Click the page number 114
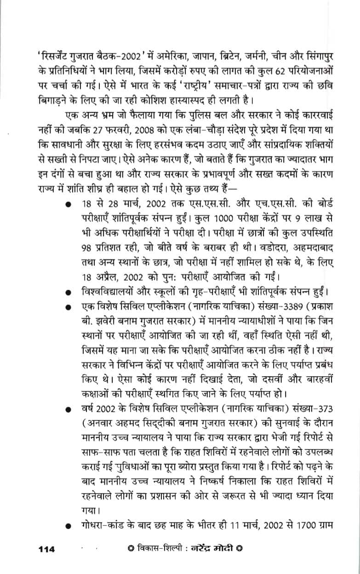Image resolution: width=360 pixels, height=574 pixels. point(46,549)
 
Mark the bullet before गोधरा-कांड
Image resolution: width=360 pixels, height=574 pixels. point(68,525)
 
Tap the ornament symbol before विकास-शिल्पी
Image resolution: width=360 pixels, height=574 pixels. point(131,549)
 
